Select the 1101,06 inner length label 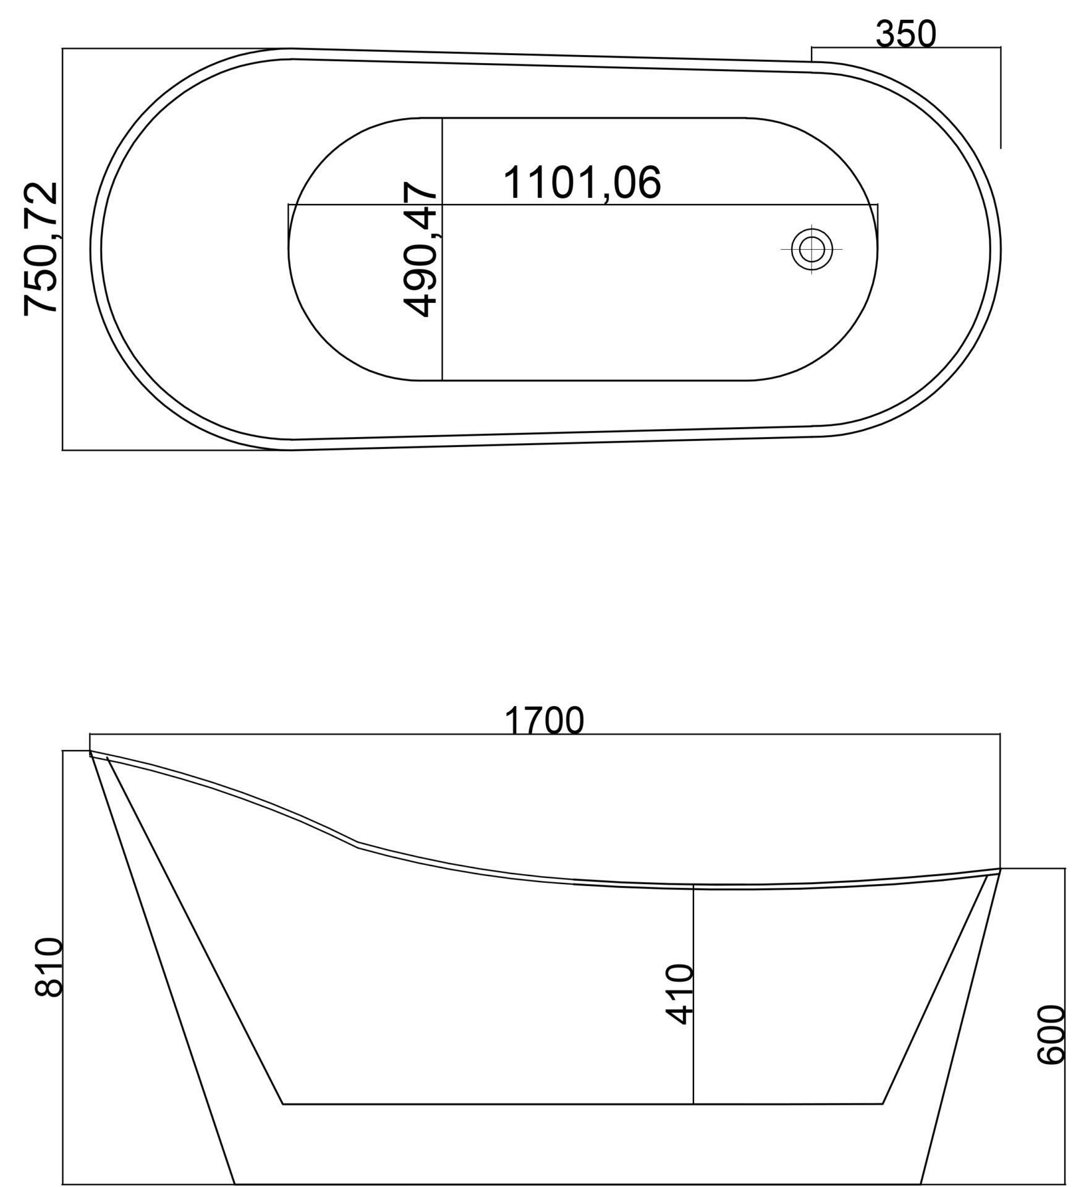[x=582, y=182]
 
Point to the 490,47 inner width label [x=420, y=249]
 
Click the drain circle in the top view [x=811, y=249]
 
